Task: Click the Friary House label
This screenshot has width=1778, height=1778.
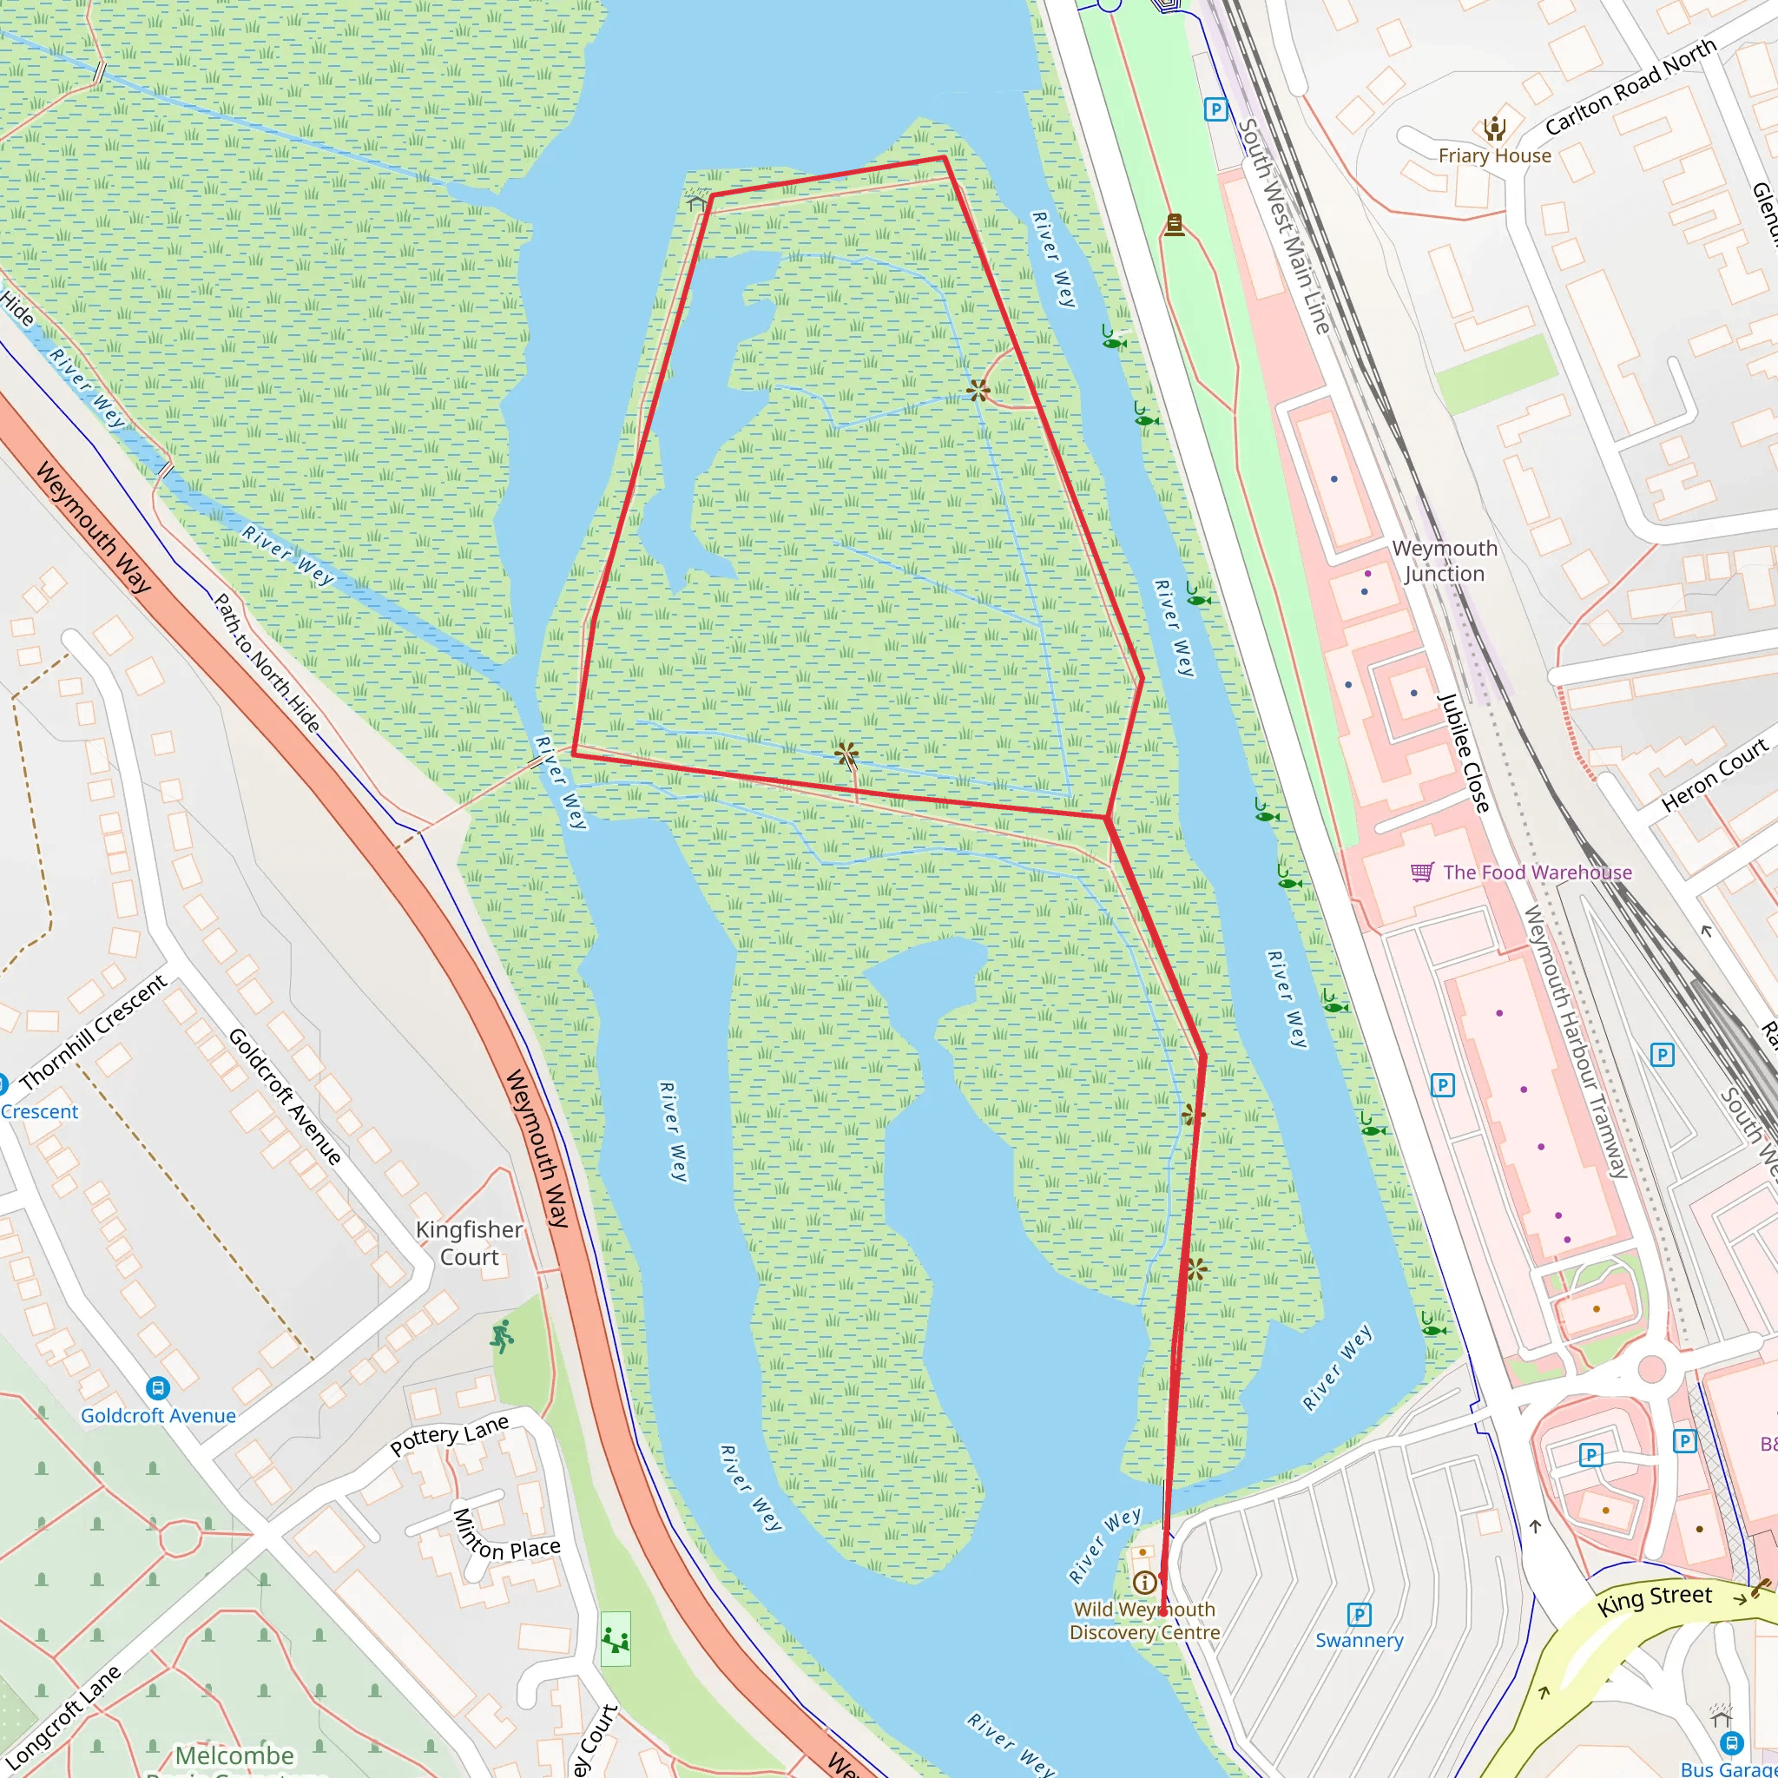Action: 1495,155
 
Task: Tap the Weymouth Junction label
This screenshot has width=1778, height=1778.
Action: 1444,561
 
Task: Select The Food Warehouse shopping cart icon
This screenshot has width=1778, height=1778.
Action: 1422,871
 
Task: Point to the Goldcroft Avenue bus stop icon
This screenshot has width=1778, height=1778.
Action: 157,1388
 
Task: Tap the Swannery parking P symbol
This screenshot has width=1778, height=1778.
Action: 1359,1614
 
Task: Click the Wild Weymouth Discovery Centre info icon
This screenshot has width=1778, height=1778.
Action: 1145,1582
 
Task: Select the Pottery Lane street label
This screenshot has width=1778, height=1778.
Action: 449,1435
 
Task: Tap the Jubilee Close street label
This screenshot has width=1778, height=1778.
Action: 1463,752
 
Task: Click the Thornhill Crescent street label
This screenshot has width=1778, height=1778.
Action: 93,1031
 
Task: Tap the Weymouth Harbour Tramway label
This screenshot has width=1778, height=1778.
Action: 1576,1042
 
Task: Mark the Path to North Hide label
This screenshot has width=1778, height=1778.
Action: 267,662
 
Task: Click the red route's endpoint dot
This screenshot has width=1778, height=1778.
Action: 1163,1612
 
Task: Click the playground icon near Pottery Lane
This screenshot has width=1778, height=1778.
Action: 616,1639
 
